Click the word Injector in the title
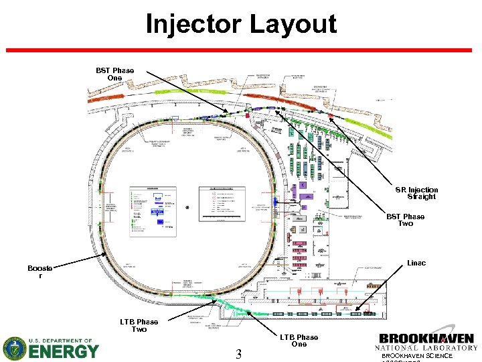click(193, 25)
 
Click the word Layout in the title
click(292, 25)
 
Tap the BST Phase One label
click(114, 74)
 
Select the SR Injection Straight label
click(416, 193)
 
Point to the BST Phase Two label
click(405, 220)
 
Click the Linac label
click(416, 263)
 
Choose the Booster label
click(39, 272)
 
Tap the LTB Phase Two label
click(139, 326)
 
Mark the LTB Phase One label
click(299, 341)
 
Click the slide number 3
click(238, 353)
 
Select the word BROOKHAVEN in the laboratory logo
click(426, 339)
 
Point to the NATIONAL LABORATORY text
click(426, 348)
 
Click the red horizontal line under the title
click(241, 50)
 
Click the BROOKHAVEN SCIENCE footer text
click(417, 356)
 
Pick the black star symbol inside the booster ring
click(187, 207)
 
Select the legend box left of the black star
click(153, 208)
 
